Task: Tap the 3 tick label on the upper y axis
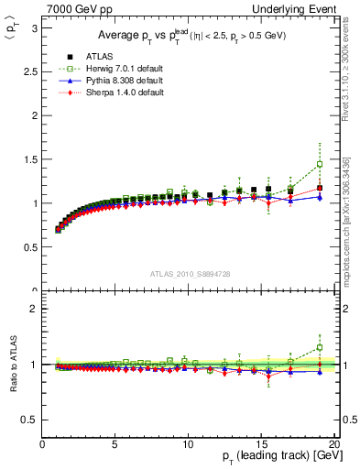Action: tap(32, 27)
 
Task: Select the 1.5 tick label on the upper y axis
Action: tap(28, 159)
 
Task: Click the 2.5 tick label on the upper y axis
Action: tap(28, 71)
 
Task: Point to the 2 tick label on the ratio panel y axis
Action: tap(32, 309)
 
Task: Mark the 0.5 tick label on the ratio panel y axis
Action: tap(28, 420)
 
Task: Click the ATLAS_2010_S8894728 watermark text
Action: tap(189, 274)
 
